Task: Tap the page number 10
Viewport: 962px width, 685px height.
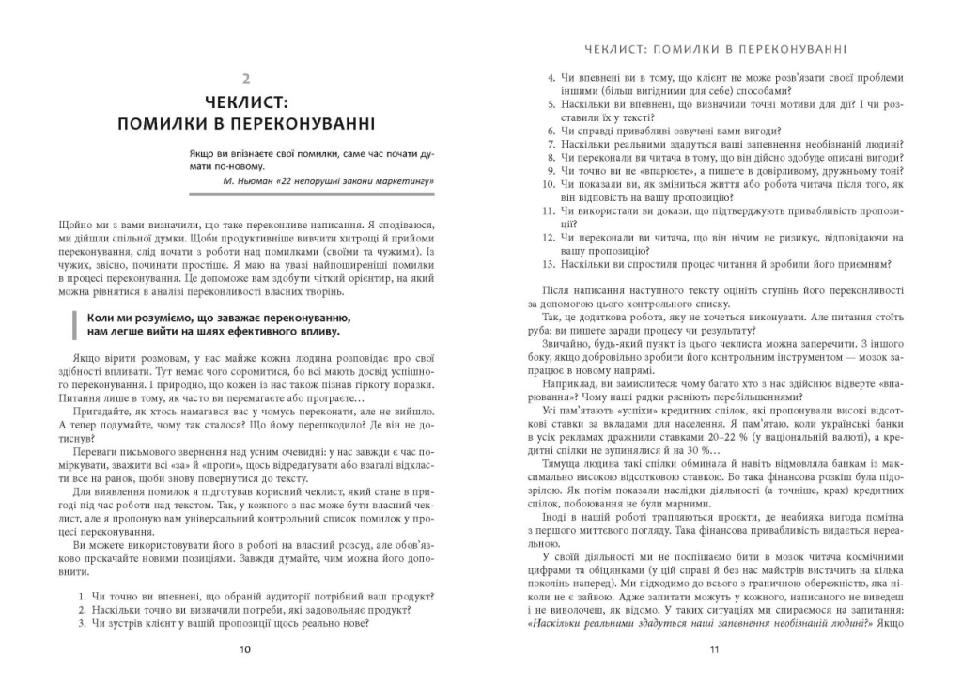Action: (245, 648)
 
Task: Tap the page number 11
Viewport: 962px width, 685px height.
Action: (713, 648)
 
